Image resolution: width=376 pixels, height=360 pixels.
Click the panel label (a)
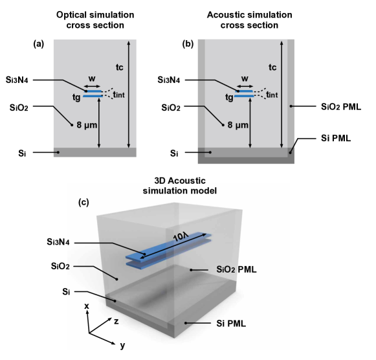[39, 44]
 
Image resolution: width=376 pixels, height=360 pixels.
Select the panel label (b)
[188, 44]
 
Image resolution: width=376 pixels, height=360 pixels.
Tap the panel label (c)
[83, 203]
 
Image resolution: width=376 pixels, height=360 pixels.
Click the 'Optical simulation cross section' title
[95, 20]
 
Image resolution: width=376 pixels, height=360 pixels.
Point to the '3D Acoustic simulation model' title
[180, 186]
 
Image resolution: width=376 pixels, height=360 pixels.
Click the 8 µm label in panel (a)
[87, 125]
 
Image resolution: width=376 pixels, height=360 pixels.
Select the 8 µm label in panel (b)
[238, 125]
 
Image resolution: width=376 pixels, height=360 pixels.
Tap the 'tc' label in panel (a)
[120, 67]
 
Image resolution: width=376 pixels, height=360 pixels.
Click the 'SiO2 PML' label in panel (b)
[341, 107]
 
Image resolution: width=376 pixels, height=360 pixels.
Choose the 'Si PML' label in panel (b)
[336, 138]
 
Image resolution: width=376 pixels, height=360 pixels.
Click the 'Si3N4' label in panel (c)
[58, 242]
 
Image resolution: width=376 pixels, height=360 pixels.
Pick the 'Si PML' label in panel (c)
[231, 324]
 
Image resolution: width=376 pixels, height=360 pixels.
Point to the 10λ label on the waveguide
[181, 238]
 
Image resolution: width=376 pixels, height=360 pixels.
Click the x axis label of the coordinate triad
[87, 306]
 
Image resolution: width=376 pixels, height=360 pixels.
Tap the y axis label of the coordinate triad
[122, 346]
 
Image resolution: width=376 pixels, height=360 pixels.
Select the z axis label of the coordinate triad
[116, 321]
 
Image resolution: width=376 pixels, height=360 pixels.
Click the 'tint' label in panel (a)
[118, 95]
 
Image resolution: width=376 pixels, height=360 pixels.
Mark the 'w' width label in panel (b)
[245, 78]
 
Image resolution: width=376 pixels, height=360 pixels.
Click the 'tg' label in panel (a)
[76, 97]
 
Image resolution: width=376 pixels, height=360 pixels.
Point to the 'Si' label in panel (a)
[22, 153]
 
